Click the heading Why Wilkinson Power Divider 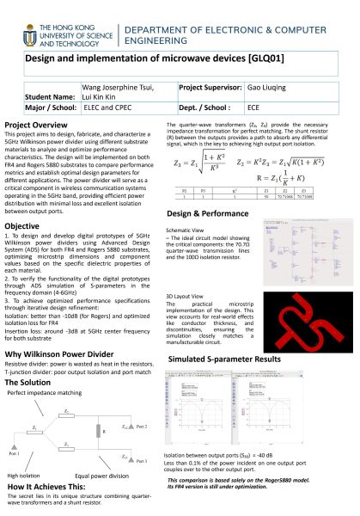click(61, 353)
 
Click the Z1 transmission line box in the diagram click(68, 414)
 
